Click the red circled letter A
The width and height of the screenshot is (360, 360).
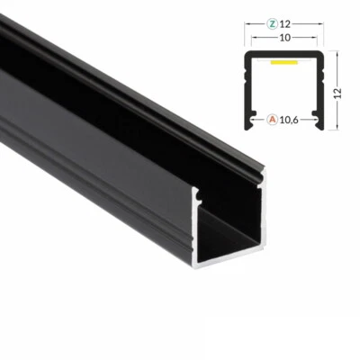pos(271,118)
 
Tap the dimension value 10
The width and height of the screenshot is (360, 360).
pos(283,39)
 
